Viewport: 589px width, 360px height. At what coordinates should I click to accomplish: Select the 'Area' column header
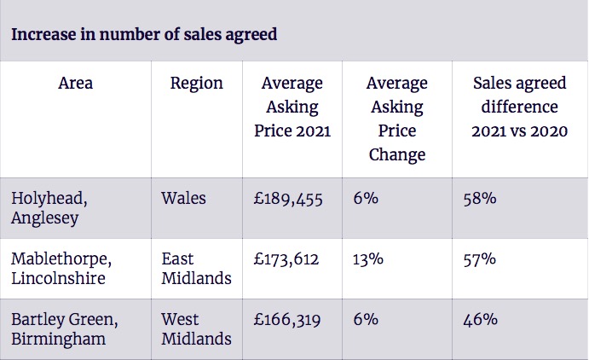pyautogui.click(x=76, y=84)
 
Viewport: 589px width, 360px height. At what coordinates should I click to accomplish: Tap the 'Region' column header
pyautogui.click(x=197, y=84)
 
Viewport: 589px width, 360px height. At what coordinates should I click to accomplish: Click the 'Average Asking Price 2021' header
pyautogui.click(x=292, y=107)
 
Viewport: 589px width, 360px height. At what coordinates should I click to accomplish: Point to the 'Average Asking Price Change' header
pyautogui.click(x=397, y=119)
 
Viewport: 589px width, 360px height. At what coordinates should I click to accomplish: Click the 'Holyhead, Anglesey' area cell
pyautogui.click(x=49, y=207)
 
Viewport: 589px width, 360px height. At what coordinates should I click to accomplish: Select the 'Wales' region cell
pyautogui.click(x=183, y=198)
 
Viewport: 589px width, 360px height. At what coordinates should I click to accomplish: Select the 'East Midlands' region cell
pyautogui.click(x=196, y=268)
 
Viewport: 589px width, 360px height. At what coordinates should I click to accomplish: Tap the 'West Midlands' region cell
pyautogui.click(x=196, y=328)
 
